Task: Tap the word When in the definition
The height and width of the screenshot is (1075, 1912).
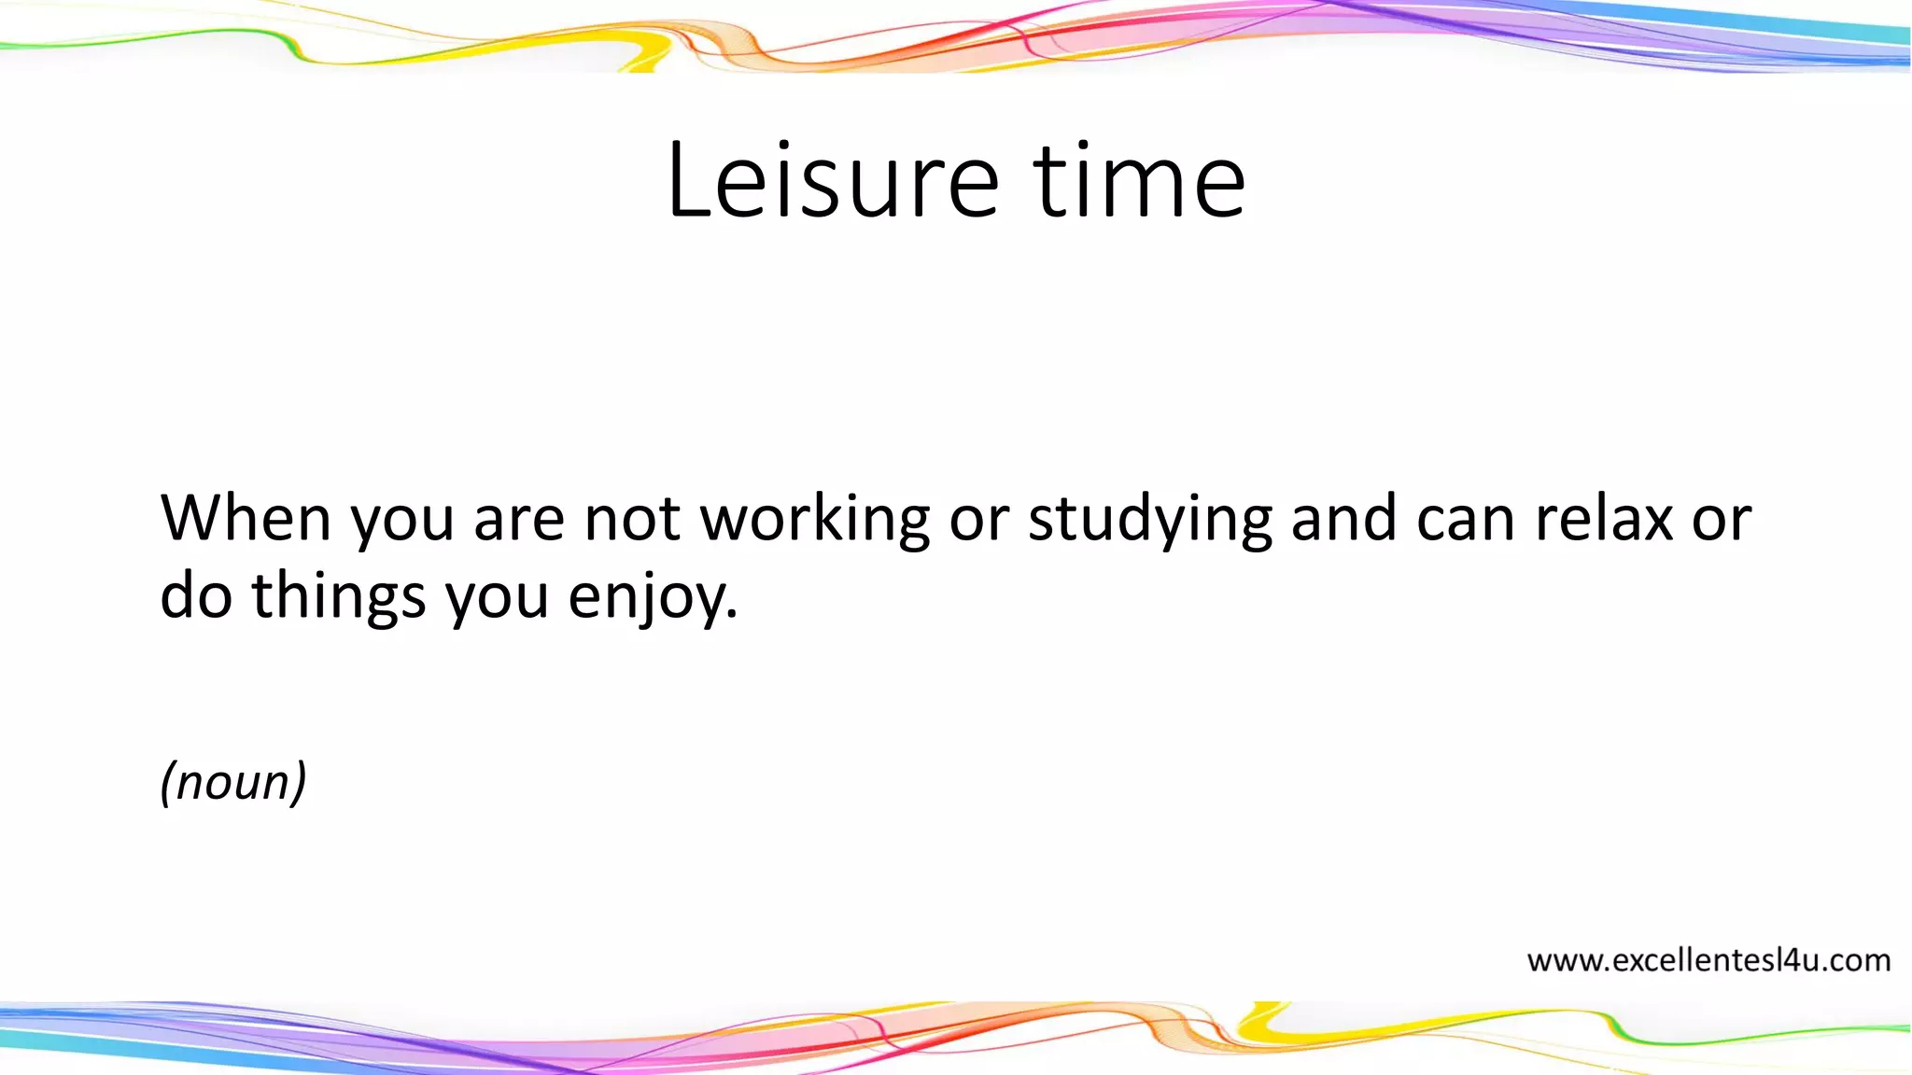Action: (246, 518)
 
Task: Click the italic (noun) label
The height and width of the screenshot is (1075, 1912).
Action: (233, 782)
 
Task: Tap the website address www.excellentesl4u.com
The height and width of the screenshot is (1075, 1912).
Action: (1708, 960)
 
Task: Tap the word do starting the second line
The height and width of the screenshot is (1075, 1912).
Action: (196, 597)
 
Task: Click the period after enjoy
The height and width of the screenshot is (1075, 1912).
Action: (732, 617)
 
